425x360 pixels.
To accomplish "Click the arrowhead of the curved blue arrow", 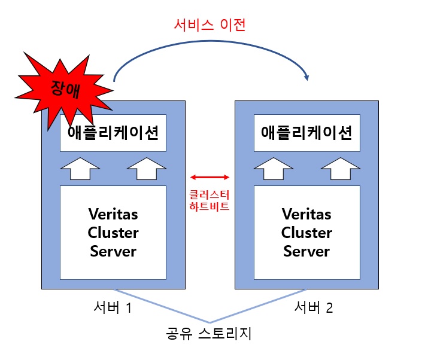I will [307, 77].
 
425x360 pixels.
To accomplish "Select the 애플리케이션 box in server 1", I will [113, 133].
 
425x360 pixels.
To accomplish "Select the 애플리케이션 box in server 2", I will [306, 133].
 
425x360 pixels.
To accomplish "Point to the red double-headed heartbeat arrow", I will [210, 177].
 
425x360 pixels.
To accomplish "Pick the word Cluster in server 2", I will [306, 232].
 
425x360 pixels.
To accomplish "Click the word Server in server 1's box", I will [113, 251].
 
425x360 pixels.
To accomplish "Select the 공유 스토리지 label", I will [209, 332].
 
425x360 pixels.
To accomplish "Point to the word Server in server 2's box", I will [306, 251].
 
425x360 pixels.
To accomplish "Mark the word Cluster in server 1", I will [113, 232].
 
